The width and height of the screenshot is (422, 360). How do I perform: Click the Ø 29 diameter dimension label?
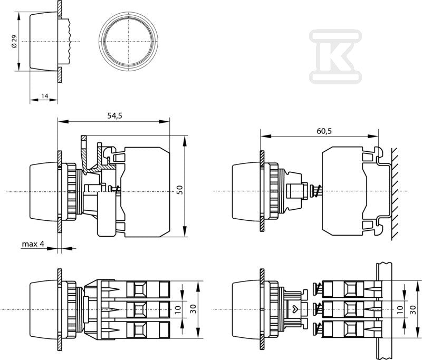(x=14, y=42)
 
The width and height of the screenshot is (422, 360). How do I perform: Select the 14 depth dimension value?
(x=45, y=96)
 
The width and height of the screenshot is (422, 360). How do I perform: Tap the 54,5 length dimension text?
(x=114, y=115)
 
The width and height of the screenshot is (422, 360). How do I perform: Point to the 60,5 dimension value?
(x=324, y=131)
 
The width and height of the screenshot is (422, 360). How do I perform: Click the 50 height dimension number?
(x=180, y=190)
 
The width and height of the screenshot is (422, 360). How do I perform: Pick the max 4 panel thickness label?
(x=33, y=244)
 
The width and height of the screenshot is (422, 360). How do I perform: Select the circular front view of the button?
(x=129, y=41)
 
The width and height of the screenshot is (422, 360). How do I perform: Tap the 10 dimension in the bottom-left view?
(x=178, y=309)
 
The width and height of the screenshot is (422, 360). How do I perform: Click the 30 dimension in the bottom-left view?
(x=193, y=309)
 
